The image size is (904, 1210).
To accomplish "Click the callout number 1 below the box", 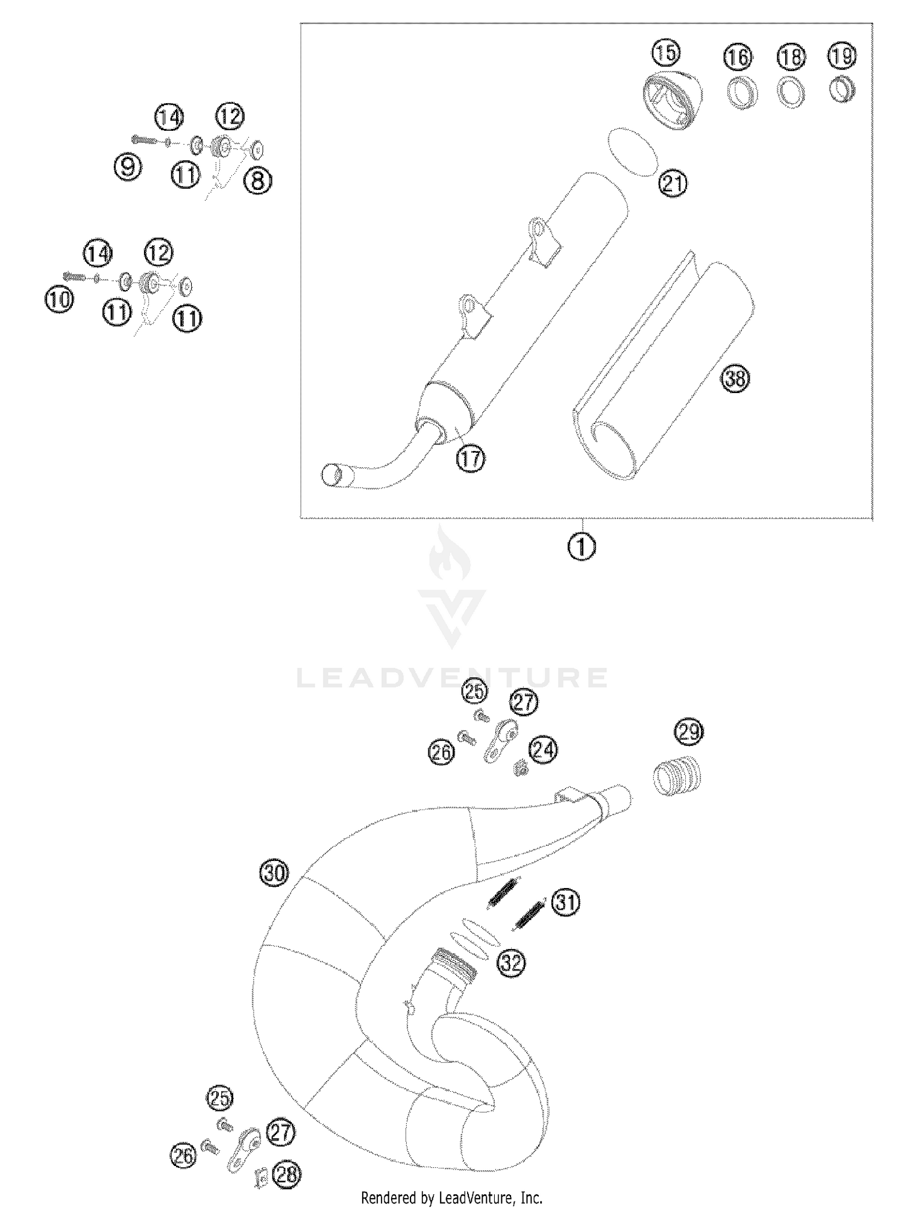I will (x=582, y=547).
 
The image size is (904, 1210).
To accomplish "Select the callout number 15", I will (x=665, y=54).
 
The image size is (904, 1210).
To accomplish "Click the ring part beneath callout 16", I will (x=739, y=92).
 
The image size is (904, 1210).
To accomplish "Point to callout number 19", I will (x=842, y=56).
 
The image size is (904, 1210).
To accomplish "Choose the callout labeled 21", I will (x=673, y=183).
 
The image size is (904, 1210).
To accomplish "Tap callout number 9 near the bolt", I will (x=128, y=166).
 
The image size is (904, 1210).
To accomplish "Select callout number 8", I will (x=258, y=180).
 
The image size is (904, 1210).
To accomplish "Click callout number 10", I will (x=59, y=300).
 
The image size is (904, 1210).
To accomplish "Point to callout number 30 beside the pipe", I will (x=274, y=873).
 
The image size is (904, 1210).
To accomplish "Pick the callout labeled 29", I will (x=689, y=732).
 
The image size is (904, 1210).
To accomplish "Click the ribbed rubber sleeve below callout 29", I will (x=677, y=774).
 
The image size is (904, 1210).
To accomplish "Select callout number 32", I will (x=511, y=963).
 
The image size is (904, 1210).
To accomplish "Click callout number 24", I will (x=544, y=750).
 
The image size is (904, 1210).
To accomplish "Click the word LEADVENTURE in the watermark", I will (x=452, y=678).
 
